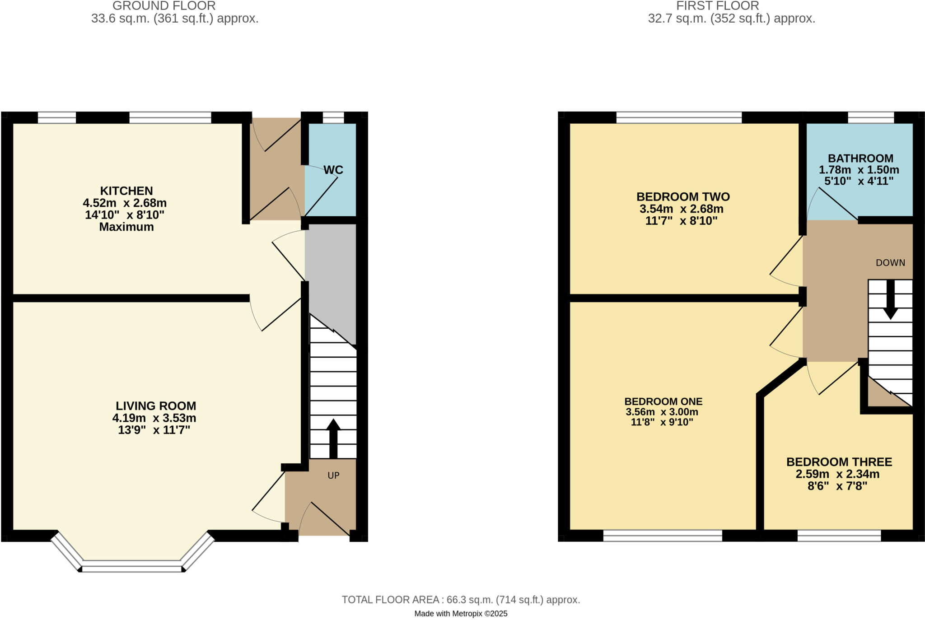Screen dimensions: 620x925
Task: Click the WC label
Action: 333,170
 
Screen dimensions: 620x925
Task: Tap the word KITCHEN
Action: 126,191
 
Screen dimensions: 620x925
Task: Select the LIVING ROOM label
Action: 156,406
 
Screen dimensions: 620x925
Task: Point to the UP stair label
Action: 333,475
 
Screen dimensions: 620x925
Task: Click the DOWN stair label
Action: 890,263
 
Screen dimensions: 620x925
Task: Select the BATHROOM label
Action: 860,158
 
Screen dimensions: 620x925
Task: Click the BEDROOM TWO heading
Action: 683,197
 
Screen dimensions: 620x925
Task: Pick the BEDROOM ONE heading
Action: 663,401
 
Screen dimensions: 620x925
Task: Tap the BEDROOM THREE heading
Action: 839,462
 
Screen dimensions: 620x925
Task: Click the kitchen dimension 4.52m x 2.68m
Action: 125,203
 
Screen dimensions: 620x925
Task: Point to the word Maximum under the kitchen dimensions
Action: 126,227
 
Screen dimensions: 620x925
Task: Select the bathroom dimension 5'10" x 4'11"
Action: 859,181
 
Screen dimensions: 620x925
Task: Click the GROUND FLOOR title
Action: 164,6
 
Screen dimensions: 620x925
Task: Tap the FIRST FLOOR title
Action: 717,6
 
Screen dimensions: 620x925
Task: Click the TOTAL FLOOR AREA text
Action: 461,600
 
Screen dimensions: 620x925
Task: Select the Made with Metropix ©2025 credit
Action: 461,614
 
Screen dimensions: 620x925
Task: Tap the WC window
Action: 333,117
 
